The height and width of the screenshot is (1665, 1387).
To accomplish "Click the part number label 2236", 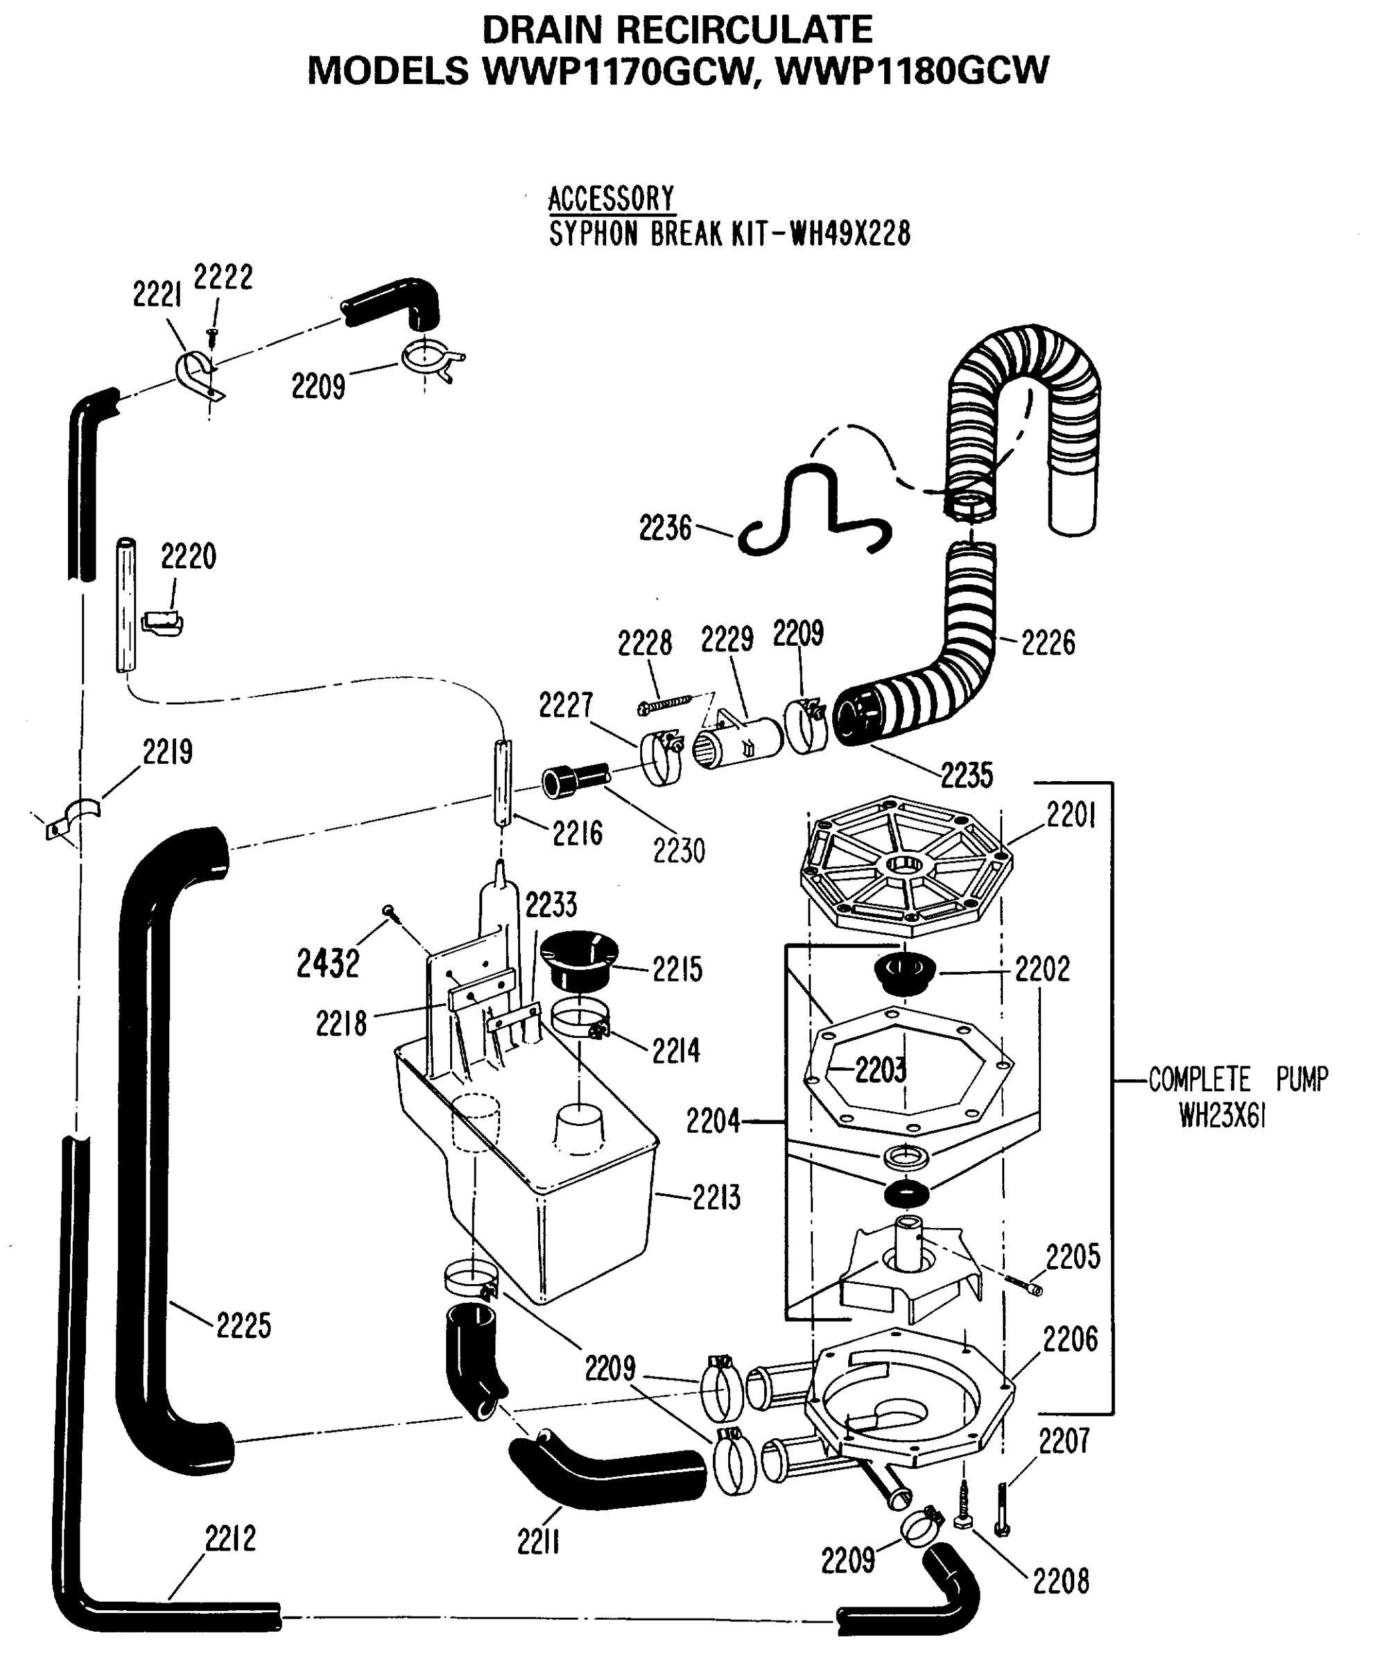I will (665, 528).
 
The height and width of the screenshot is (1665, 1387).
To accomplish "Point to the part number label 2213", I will (716, 1198).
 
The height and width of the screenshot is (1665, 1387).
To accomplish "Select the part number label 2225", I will (243, 1325).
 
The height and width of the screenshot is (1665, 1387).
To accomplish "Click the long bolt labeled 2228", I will (664, 703).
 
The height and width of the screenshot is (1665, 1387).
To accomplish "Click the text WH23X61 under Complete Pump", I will (1221, 1116).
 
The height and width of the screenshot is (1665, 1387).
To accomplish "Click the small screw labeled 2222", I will (212, 337).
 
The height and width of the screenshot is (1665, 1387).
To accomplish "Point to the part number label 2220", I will (188, 556).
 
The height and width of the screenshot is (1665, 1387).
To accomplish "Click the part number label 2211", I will (539, 1542).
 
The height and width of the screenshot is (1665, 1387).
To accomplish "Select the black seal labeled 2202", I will (904, 973).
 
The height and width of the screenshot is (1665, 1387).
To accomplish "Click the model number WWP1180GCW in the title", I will (911, 71).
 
